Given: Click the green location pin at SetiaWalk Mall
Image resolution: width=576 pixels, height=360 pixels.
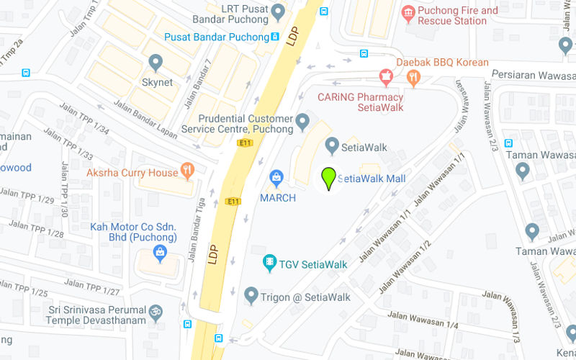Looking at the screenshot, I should pos(329,176).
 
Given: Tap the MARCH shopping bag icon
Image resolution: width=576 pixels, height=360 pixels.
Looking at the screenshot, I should pos(276,177).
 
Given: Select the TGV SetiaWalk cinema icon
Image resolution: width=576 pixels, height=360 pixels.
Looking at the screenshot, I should pos(270,263).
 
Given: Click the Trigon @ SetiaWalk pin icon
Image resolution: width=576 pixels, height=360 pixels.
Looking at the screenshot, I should pos(251,294).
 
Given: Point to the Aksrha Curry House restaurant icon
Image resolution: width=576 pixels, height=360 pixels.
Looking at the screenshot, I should pos(188,171).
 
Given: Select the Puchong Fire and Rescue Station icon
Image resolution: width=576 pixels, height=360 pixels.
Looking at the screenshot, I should pos(408,12).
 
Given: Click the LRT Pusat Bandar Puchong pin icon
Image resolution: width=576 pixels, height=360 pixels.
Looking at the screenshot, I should pos(279,12).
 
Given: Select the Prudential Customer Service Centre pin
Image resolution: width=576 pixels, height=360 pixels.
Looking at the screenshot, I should pos(303,120).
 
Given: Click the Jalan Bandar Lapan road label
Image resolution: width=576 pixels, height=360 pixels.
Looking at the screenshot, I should pos(145,120).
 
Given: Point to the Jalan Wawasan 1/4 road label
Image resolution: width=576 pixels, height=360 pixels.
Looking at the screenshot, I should pos(423,320).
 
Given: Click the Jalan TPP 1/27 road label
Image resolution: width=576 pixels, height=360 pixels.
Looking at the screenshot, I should pos(91,287).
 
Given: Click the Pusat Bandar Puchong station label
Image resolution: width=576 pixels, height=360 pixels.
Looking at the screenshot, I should pos(216,37).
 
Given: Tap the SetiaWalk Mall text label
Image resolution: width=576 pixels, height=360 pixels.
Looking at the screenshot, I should pos(372,179).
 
